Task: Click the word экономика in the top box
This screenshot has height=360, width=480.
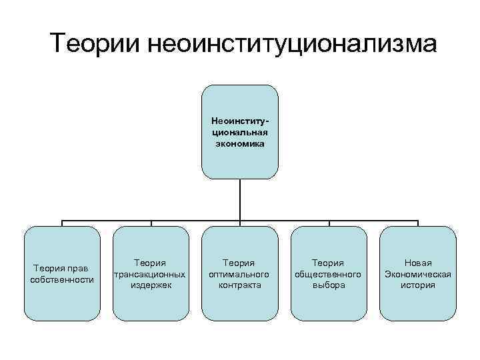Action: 239,143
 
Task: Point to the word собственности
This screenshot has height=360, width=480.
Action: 62,279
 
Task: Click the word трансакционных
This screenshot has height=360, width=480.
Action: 151,274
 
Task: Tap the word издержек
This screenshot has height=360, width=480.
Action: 151,285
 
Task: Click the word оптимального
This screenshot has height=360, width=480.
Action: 239,274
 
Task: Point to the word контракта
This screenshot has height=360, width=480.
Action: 239,285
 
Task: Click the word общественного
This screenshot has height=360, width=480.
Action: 329,274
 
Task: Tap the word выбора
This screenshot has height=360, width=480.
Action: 329,285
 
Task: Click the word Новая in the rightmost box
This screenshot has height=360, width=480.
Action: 418,263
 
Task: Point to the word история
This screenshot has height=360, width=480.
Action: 418,285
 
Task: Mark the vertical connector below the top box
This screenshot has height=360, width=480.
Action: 240,199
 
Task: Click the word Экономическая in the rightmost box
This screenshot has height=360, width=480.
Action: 418,274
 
